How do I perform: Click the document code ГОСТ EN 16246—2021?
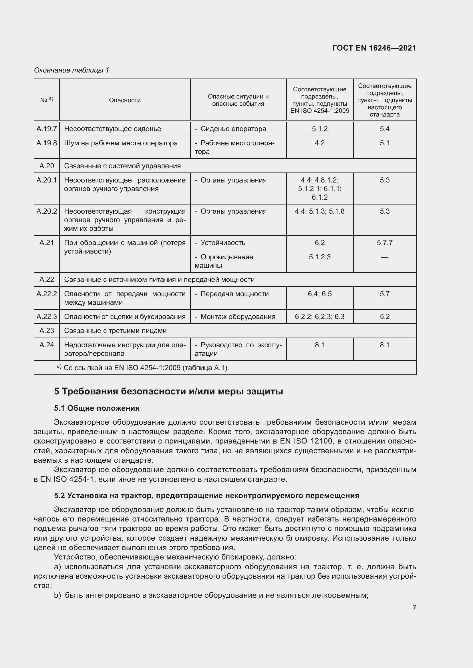pos(374,48)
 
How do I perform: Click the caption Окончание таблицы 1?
pos(71,70)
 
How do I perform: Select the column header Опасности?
pos(125,100)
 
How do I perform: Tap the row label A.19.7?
pos(47,129)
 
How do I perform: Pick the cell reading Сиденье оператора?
pos(233,129)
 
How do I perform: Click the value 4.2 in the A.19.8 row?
pos(319,143)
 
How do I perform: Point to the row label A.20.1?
pos(47,180)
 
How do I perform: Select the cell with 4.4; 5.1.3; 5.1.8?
pos(319,211)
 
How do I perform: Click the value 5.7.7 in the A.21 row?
pos(384,243)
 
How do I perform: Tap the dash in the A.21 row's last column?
pos(384,257)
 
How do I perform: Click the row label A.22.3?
pos(47,316)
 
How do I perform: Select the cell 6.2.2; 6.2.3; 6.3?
pos(319,316)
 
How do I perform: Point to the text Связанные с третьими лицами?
pos(115,330)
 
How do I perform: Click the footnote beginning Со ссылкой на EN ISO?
pos(146,368)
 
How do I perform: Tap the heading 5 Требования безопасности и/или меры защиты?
pos(168,391)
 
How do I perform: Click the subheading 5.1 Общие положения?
pos(97,408)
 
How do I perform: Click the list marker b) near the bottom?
pos(57,595)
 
